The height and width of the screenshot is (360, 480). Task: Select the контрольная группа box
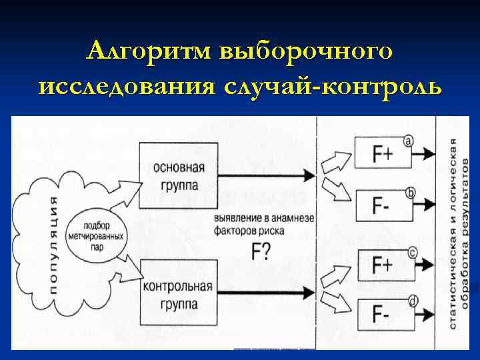click(178, 293)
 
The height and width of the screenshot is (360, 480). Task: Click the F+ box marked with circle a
click(381, 154)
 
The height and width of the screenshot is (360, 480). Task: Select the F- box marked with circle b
click(381, 204)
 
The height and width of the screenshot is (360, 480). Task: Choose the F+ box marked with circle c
click(381, 265)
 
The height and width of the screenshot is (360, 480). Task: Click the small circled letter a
click(409, 140)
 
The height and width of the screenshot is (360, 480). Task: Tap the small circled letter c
click(412, 252)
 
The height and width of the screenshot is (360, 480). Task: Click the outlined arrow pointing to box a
click(335, 160)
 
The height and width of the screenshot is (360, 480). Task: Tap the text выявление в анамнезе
click(259, 219)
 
